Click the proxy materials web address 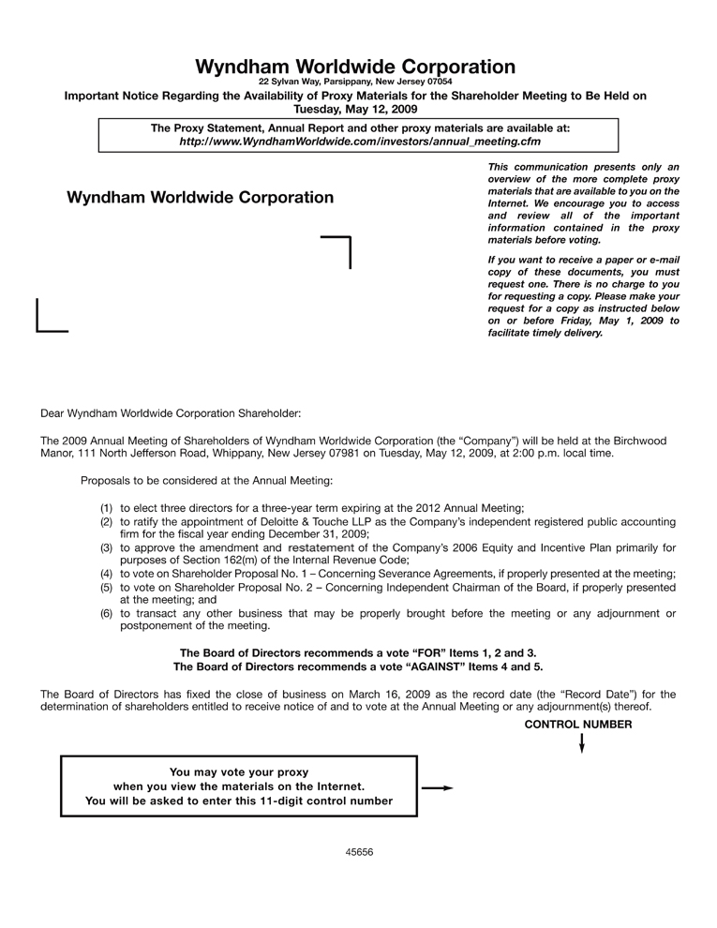click(x=360, y=142)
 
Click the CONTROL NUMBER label click(x=578, y=725)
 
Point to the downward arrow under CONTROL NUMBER click(x=582, y=743)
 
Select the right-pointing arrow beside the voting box click(x=437, y=788)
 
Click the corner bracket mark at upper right click(x=338, y=250)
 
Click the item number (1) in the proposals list click(x=107, y=507)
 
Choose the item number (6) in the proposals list click(x=107, y=614)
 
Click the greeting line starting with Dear click(x=171, y=412)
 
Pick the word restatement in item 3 click(x=321, y=547)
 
